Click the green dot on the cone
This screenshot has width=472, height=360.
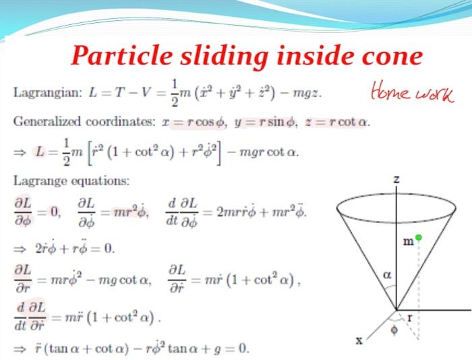click(x=418, y=237)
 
